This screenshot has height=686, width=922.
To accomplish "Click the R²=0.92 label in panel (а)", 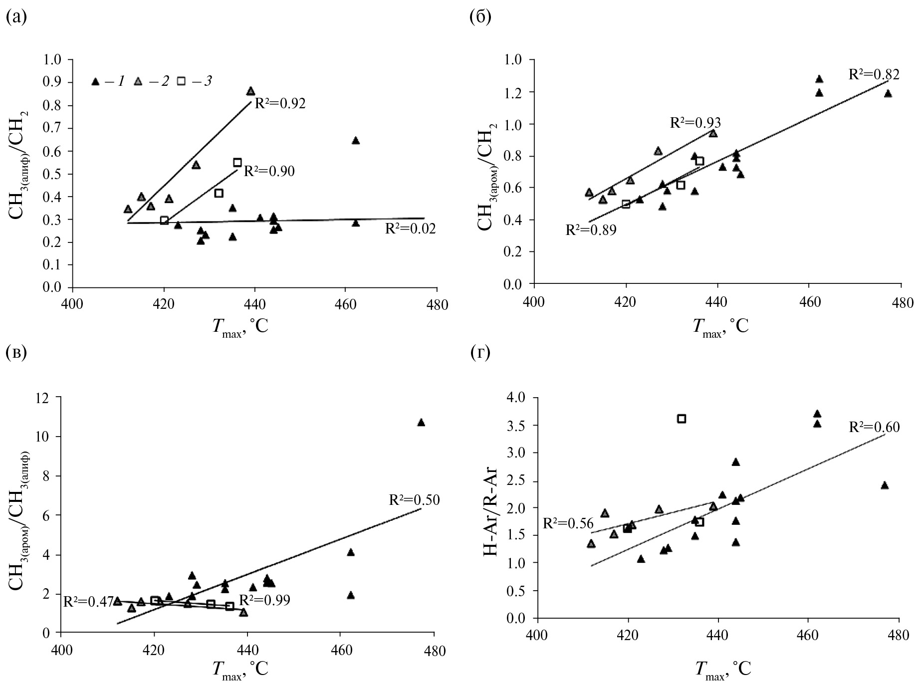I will click(x=280, y=104).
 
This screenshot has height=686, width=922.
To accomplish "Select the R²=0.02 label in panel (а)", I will click(x=410, y=229).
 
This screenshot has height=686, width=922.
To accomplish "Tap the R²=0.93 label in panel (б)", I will click(x=695, y=123).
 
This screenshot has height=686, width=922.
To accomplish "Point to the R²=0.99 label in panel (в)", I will click(x=264, y=600).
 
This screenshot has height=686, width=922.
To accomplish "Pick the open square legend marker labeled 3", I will click(x=181, y=81).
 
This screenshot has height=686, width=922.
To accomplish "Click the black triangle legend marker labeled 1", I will click(x=95, y=81).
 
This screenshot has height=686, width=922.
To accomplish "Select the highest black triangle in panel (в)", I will click(x=421, y=423).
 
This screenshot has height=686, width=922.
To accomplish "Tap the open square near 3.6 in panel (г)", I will click(x=682, y=419).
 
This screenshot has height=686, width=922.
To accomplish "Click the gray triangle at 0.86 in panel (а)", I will click(x=250, y=91).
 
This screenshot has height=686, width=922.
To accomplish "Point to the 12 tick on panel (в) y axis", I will click(x=47, y=398).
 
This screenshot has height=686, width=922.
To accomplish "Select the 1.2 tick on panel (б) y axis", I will click(x=517, y=92).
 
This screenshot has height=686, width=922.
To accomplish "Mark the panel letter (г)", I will click(x=480, y=353).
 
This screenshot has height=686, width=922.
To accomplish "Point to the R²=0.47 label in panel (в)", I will click(x=88, y=602).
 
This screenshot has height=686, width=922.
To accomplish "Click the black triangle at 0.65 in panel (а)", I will click(x=356, y=141).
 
